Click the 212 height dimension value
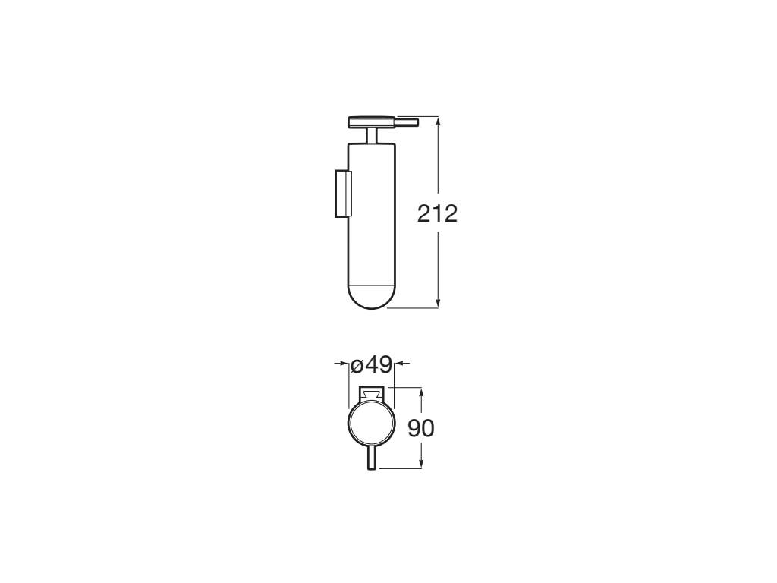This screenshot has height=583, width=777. click(438, 213)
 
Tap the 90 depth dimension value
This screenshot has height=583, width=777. click(421, 428)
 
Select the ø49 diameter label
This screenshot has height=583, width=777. click(372, 364)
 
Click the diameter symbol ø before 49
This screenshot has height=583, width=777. click(357, 365)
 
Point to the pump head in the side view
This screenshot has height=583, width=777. click(371, 121)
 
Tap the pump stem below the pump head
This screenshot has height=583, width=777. click(371, 135)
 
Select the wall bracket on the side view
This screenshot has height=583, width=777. click(341, 194)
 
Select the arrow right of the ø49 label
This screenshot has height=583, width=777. click(401, 364)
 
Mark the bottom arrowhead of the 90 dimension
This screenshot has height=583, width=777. click(421, 464)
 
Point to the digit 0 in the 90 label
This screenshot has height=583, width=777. click(428, 428)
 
